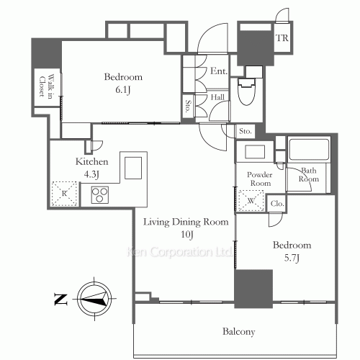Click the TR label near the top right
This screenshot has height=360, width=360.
pos(282,38)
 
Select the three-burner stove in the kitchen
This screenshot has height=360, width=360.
pos(100,194)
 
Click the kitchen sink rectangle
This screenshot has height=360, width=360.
pos(133,168)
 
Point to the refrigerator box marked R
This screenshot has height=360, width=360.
pos(65,194)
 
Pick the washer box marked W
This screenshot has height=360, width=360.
pos(251,201)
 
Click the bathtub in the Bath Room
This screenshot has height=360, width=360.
pos(309,150)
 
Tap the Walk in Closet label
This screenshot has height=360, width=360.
pos(46,87)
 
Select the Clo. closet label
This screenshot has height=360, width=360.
pos(277,204)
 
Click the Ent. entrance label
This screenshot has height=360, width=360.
pos(219,71)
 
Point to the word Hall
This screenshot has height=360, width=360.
pos(217,97)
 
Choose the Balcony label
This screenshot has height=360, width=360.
pos(238,331)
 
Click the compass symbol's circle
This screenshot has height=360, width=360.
pos(94,299)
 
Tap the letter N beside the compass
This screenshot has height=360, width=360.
pos(60,300)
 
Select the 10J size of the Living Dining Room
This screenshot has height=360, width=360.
pos(187,235)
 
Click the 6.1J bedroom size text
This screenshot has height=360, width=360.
pos(123,90)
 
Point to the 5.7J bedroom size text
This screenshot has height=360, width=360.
pos(292,258)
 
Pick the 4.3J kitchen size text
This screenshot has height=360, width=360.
pos(91,174)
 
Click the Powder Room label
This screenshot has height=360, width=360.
pos(260,179)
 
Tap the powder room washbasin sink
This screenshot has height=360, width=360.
pos(255,152)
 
